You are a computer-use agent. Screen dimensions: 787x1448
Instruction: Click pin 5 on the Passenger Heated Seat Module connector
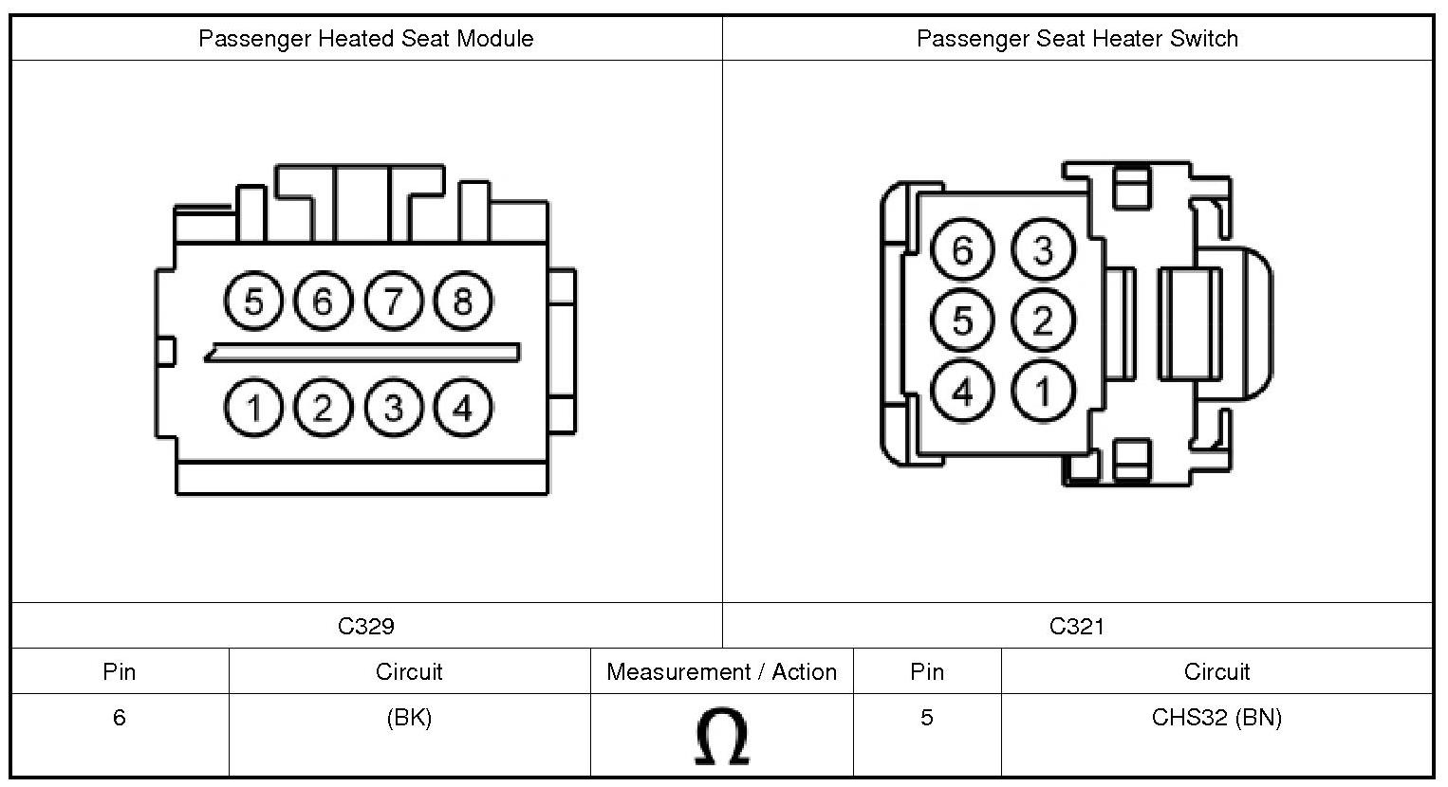click(253, 302)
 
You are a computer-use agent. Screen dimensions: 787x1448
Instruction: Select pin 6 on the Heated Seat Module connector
click(323, 302)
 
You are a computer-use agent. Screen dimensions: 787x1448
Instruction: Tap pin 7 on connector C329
click(393, 302)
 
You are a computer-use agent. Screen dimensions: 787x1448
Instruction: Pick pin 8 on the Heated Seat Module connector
click(462, 302)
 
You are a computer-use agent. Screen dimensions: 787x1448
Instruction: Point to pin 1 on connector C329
click(253, 409)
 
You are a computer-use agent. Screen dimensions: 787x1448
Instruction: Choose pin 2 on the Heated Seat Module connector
click(323, 409)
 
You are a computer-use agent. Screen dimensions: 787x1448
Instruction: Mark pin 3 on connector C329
click(393, 409)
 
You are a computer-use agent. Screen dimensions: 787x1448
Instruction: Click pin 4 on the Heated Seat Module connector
click(462, 409)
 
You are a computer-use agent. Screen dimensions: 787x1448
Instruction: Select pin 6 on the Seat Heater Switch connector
click(962, 250)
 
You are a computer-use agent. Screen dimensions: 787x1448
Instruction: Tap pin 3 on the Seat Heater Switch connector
click(1043, 250)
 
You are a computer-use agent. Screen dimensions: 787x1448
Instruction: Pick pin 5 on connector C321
click(962, 320)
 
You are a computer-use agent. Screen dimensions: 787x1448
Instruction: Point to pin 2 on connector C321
click(1043, 320)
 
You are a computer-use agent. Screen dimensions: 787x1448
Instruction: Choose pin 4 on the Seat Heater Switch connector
click(962, 391)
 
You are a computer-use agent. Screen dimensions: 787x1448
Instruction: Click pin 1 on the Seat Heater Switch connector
click(1043, 391)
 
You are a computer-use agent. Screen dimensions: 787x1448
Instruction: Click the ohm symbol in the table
click(721, 736)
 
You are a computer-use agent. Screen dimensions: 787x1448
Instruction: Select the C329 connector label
click(366, 626)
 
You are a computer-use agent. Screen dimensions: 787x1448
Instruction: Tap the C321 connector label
click(1077, 626)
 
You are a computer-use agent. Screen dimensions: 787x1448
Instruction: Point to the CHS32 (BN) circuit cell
click(1216, 718)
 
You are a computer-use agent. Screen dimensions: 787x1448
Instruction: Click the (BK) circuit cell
click(409, 718)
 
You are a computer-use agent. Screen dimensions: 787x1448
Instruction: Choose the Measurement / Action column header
click(721, 672)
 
